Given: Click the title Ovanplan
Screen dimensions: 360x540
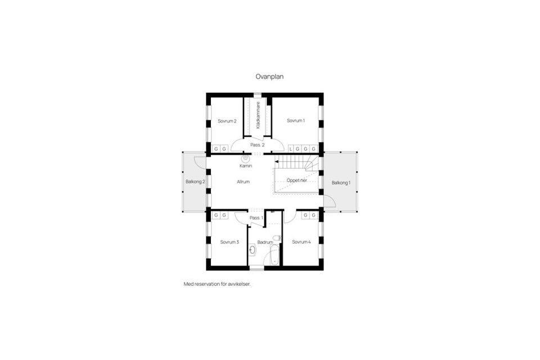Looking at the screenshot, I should [269, 77].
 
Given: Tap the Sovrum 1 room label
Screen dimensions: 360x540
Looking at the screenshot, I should [295, 120].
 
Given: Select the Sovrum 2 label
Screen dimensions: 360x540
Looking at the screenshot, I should [227, 121].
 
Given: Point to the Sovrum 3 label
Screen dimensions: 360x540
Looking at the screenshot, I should [229, 242].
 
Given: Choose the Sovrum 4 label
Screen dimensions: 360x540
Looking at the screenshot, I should [301, 242].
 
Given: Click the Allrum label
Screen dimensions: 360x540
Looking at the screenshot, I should [243, 182].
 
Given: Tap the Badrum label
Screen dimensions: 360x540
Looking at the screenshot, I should [264, 242].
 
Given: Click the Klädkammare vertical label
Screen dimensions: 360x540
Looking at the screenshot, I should [258, 115].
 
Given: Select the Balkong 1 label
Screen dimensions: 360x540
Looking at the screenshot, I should [340, 183].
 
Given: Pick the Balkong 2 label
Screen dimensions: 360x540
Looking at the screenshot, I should [195, 182].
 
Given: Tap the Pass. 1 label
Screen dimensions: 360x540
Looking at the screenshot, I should [256, 217].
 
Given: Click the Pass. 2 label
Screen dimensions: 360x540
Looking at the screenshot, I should [258, 145].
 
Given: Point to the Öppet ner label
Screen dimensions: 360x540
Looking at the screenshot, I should [296, 180].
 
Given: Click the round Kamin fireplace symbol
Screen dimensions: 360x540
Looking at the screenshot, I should [246, 159].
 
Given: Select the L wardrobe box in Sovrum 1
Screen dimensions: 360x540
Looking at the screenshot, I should [291, 148].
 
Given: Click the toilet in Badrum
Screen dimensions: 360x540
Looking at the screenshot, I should [277, 238].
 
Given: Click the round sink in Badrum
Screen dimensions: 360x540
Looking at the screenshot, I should [252, 249].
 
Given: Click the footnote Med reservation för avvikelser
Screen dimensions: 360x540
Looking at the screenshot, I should [217, 284].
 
